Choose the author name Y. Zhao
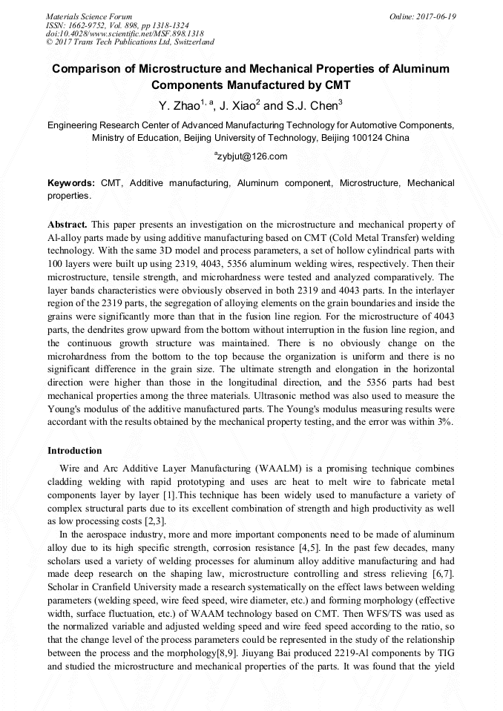click(175, 105)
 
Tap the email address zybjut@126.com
click(252, 156)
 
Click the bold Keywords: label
click(71, 183)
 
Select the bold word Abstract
click(68, 224)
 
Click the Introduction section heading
click(75, 451)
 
